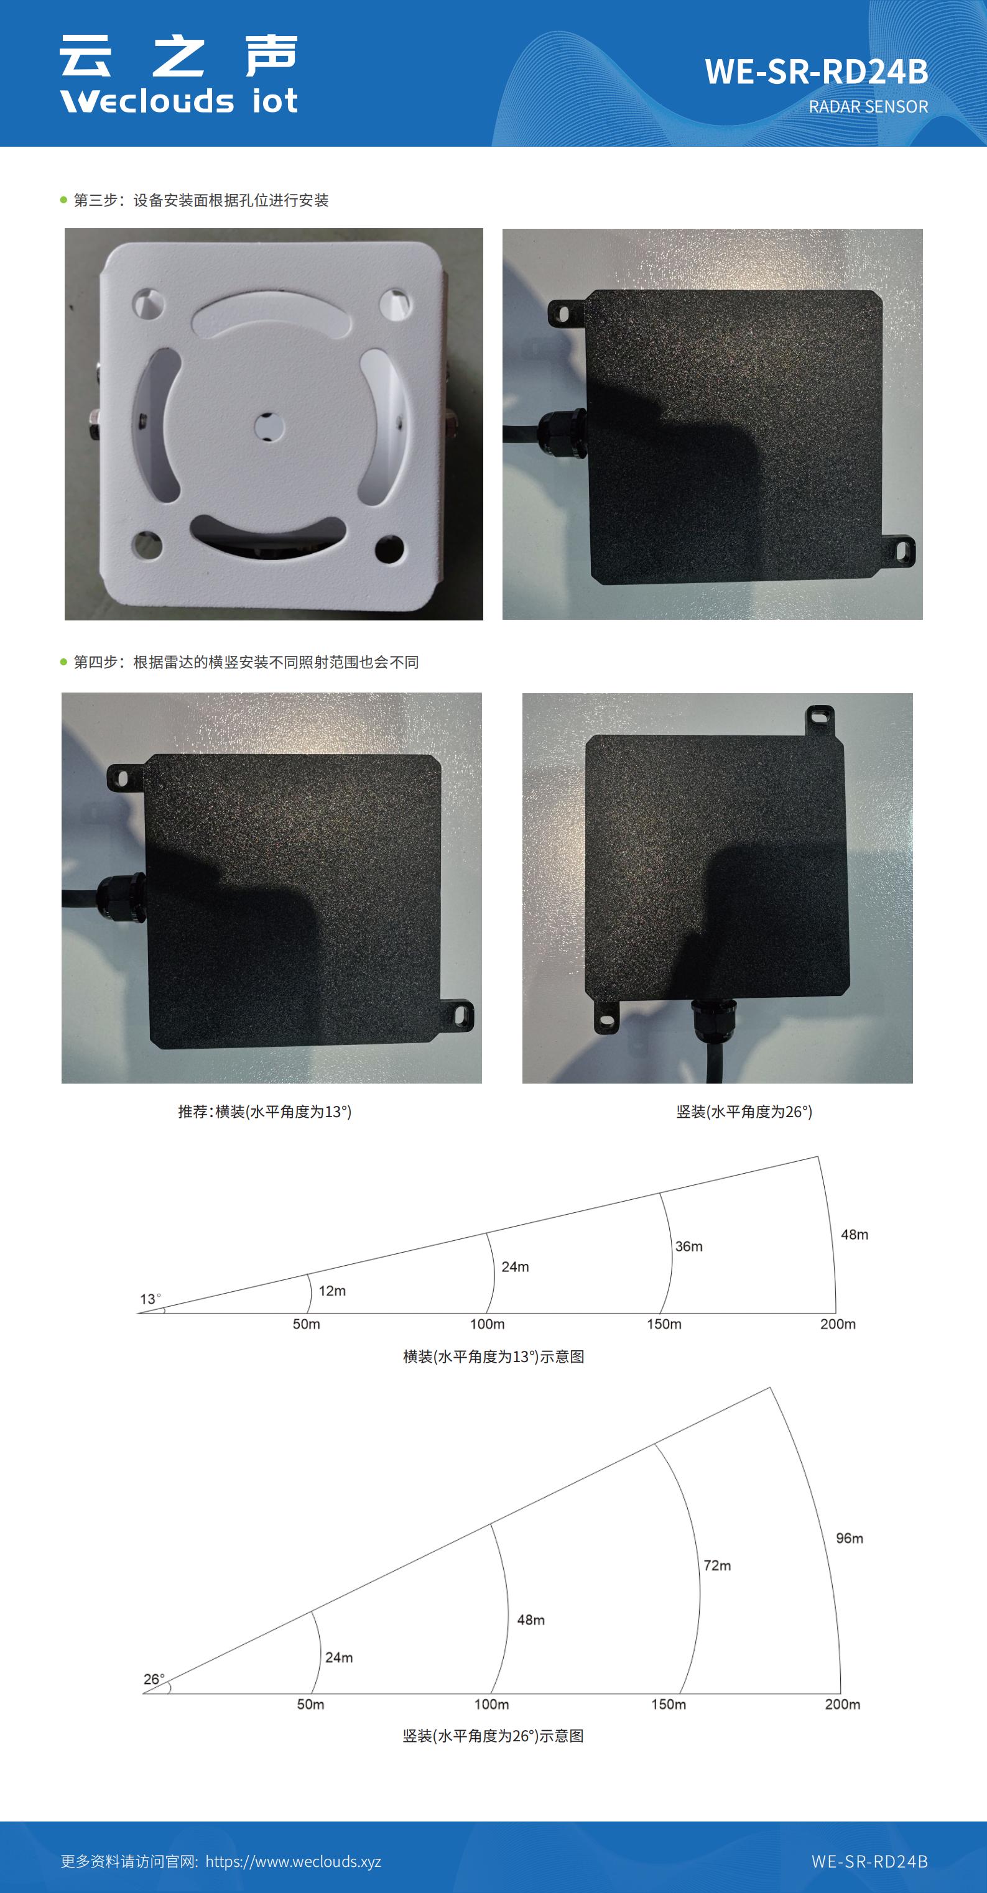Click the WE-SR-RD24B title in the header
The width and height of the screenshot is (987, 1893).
(816, 71)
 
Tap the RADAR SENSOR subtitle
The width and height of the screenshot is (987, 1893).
(868, 106)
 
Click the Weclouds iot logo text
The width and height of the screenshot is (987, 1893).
(178, 101)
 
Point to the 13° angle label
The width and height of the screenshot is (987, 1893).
(150, 1299)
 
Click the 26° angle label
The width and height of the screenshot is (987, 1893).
(154, 1679)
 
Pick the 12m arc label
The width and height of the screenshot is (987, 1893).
(332, 1291)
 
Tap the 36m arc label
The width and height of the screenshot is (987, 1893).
(688, 1246)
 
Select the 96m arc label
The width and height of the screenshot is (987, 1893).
(850, 1538)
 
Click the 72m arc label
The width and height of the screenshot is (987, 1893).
(717, 1565)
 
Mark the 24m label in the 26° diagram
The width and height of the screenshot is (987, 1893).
(339, 1657)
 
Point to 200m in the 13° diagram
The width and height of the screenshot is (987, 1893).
(838, 1324)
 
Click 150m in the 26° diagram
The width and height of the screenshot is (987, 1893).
(668, 1703)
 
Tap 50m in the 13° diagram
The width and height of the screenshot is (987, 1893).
(307, 1324)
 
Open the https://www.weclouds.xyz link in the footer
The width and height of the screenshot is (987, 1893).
(293, 1861)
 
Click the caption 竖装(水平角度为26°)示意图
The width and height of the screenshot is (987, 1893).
(493, 1736)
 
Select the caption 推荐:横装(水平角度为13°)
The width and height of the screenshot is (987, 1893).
(264, 1111)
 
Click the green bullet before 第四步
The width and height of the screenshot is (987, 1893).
(64, 662)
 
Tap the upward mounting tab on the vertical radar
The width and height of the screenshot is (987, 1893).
(820, 720)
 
